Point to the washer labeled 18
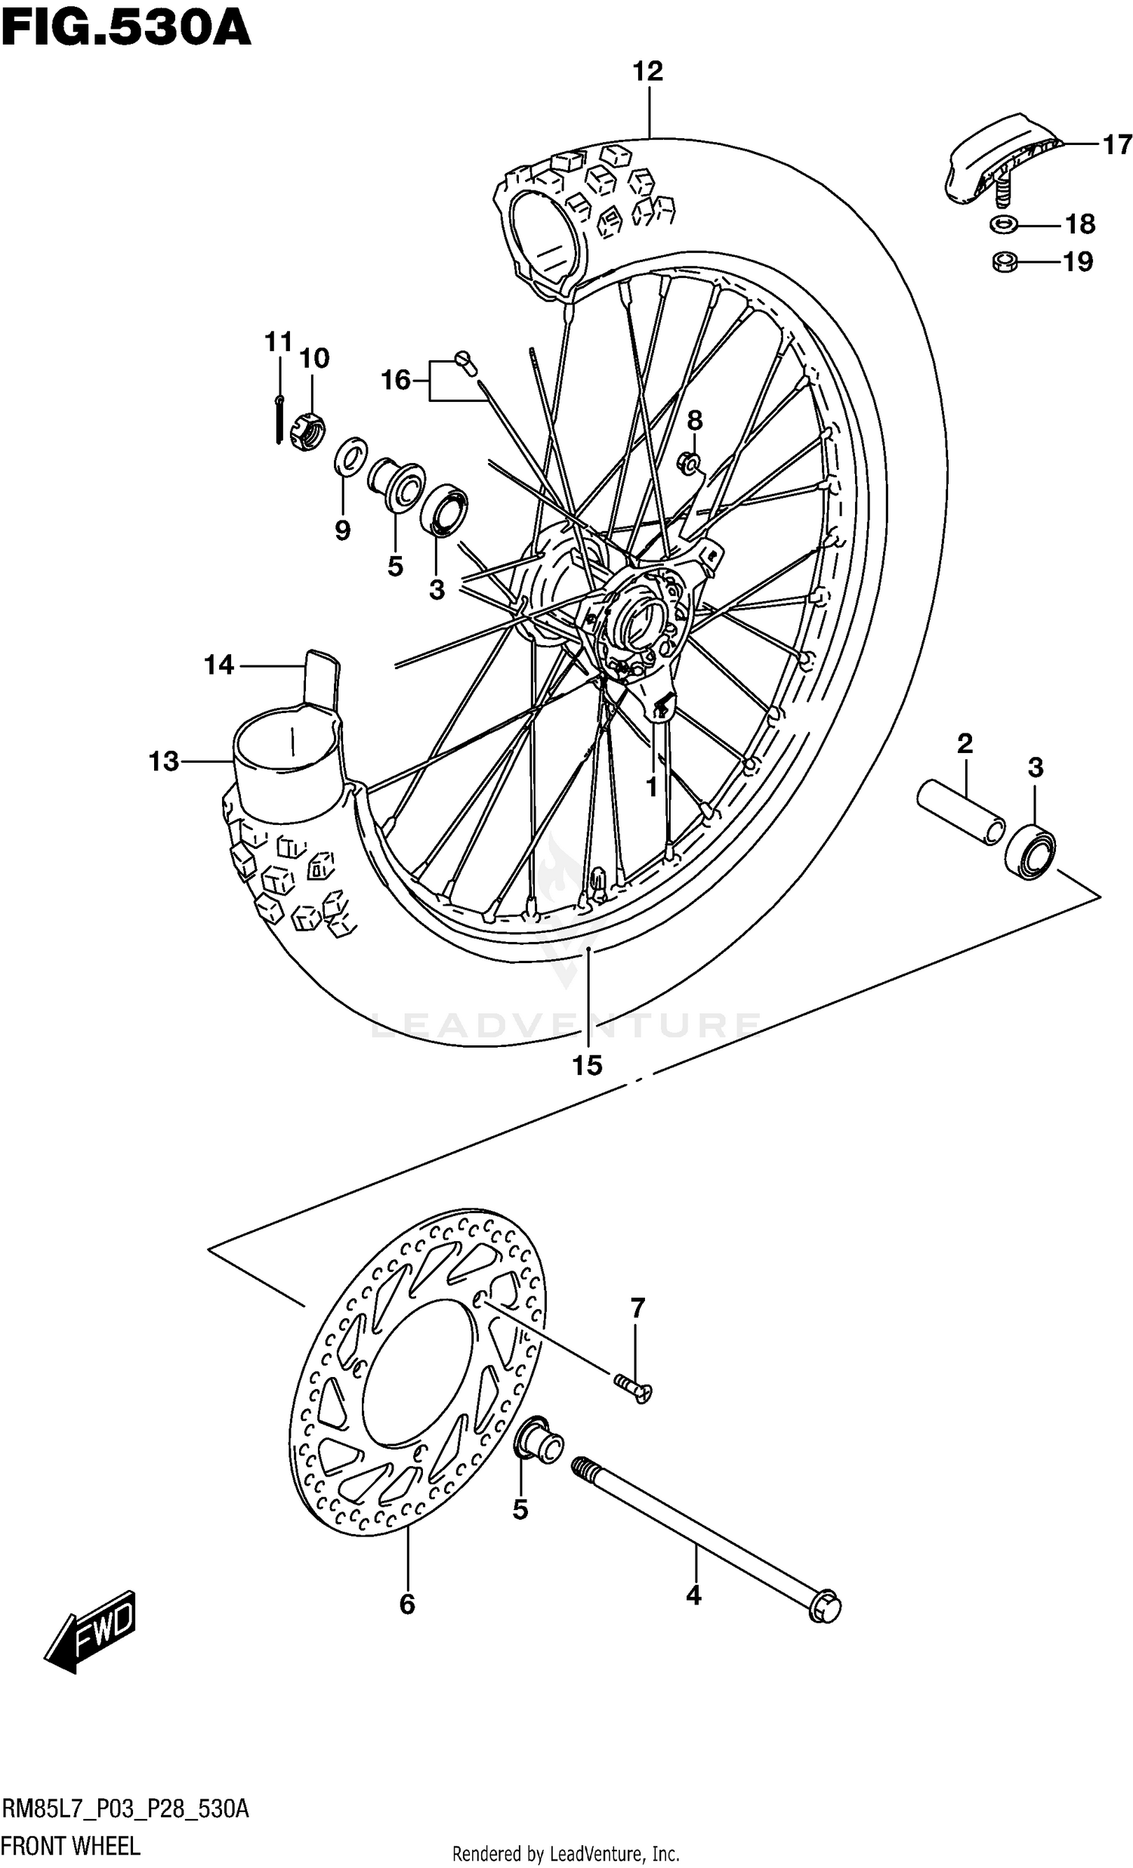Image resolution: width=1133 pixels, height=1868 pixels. click(x=1003, y=224)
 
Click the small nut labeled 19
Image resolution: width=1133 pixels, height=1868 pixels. click(x=1003, y=262)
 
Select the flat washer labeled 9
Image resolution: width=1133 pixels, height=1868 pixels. click(x=351, y=456)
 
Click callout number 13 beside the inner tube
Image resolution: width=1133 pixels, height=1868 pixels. click(x=163, y=761)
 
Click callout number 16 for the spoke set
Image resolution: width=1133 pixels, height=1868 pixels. click(x=395, y=380)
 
